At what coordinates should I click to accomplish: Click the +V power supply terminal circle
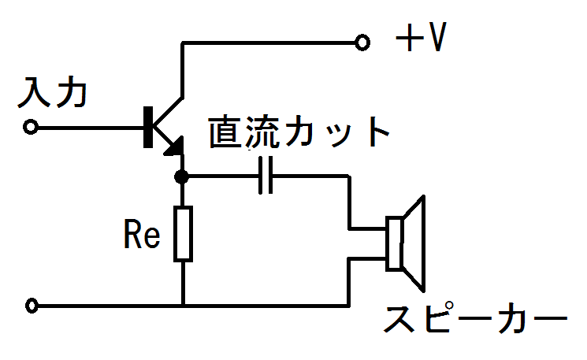tap(362, 43)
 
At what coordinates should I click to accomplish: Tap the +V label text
tap(422, 37)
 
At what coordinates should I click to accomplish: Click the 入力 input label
tap(53, 92)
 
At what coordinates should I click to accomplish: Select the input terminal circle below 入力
tap(30, 128)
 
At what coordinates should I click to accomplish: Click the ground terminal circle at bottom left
tap(32, 306)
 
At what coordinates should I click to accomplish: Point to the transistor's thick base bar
tap(148, 127)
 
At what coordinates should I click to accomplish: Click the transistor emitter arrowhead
tap(175, 147)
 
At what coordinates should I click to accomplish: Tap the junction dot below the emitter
tap(181, 176)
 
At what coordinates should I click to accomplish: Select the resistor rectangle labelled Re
tap(183, 233)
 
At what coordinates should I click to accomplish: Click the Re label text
tap(142, 234)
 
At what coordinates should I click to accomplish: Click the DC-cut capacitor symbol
tap(266, 175)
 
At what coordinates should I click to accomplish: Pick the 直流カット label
tap(299, 132)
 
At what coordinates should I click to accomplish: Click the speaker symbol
tap(406, 243)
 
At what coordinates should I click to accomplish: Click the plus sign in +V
tap(410, 38)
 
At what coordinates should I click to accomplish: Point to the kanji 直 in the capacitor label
tap(225, 132)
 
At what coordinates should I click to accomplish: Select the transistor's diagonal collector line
tap(168, 112)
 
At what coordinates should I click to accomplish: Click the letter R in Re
tap(132, 234)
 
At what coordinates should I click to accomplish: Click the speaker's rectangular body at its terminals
tap(395, 243)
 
